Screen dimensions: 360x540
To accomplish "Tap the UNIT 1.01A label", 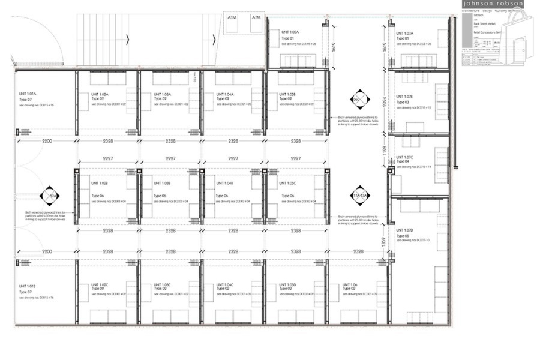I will click(28, 94).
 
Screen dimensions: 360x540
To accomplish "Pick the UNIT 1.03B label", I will click(162, 183).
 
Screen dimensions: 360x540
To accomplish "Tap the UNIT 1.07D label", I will click(405, 230).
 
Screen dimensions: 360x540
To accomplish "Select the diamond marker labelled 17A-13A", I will click(361, 196).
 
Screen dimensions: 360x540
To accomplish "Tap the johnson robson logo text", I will click(493, 4).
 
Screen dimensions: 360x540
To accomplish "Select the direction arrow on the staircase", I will click(128, 40).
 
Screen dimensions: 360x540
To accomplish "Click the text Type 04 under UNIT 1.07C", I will click(402, 161).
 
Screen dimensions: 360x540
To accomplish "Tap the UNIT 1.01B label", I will click(28, 286).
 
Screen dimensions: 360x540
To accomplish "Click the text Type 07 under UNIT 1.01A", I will click(26, 100).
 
